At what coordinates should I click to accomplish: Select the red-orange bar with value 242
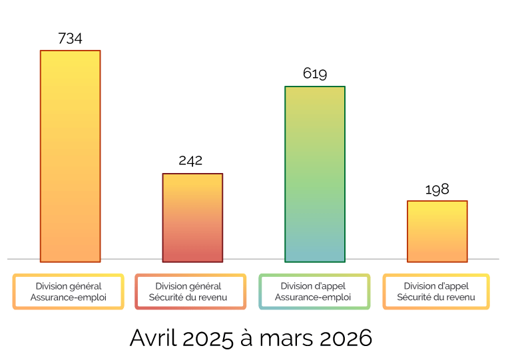192,218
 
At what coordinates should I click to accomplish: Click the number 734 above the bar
70,39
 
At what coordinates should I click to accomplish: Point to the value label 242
190,160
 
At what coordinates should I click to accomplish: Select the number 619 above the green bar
315,74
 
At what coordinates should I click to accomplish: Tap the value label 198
437,190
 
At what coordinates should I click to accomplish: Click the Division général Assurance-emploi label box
68,291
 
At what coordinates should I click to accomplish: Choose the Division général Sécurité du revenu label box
190,291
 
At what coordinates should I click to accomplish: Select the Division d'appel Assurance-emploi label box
314,291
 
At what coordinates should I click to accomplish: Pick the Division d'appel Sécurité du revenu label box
436,291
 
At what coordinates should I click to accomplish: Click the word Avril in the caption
152,338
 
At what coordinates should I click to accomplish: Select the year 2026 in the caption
345,338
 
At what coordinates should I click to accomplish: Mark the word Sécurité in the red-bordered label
166,297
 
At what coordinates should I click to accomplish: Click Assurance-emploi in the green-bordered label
314,297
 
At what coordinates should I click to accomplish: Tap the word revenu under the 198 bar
459,297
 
